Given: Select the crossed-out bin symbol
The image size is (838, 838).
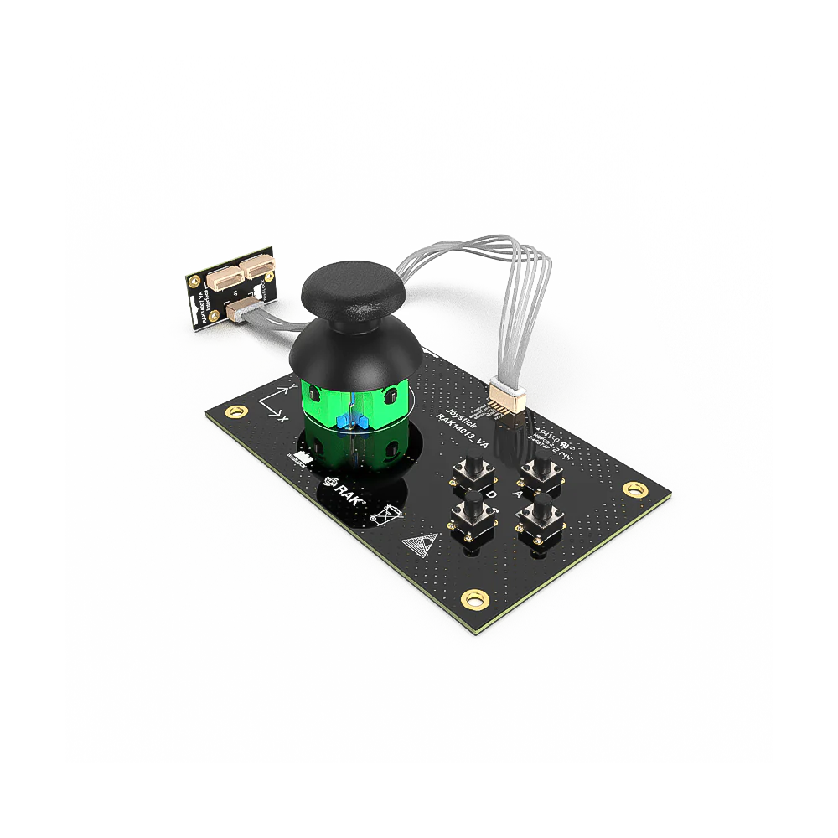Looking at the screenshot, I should (x=385, y=515).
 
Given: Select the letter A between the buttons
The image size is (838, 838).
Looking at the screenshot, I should (x=518, y=495).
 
